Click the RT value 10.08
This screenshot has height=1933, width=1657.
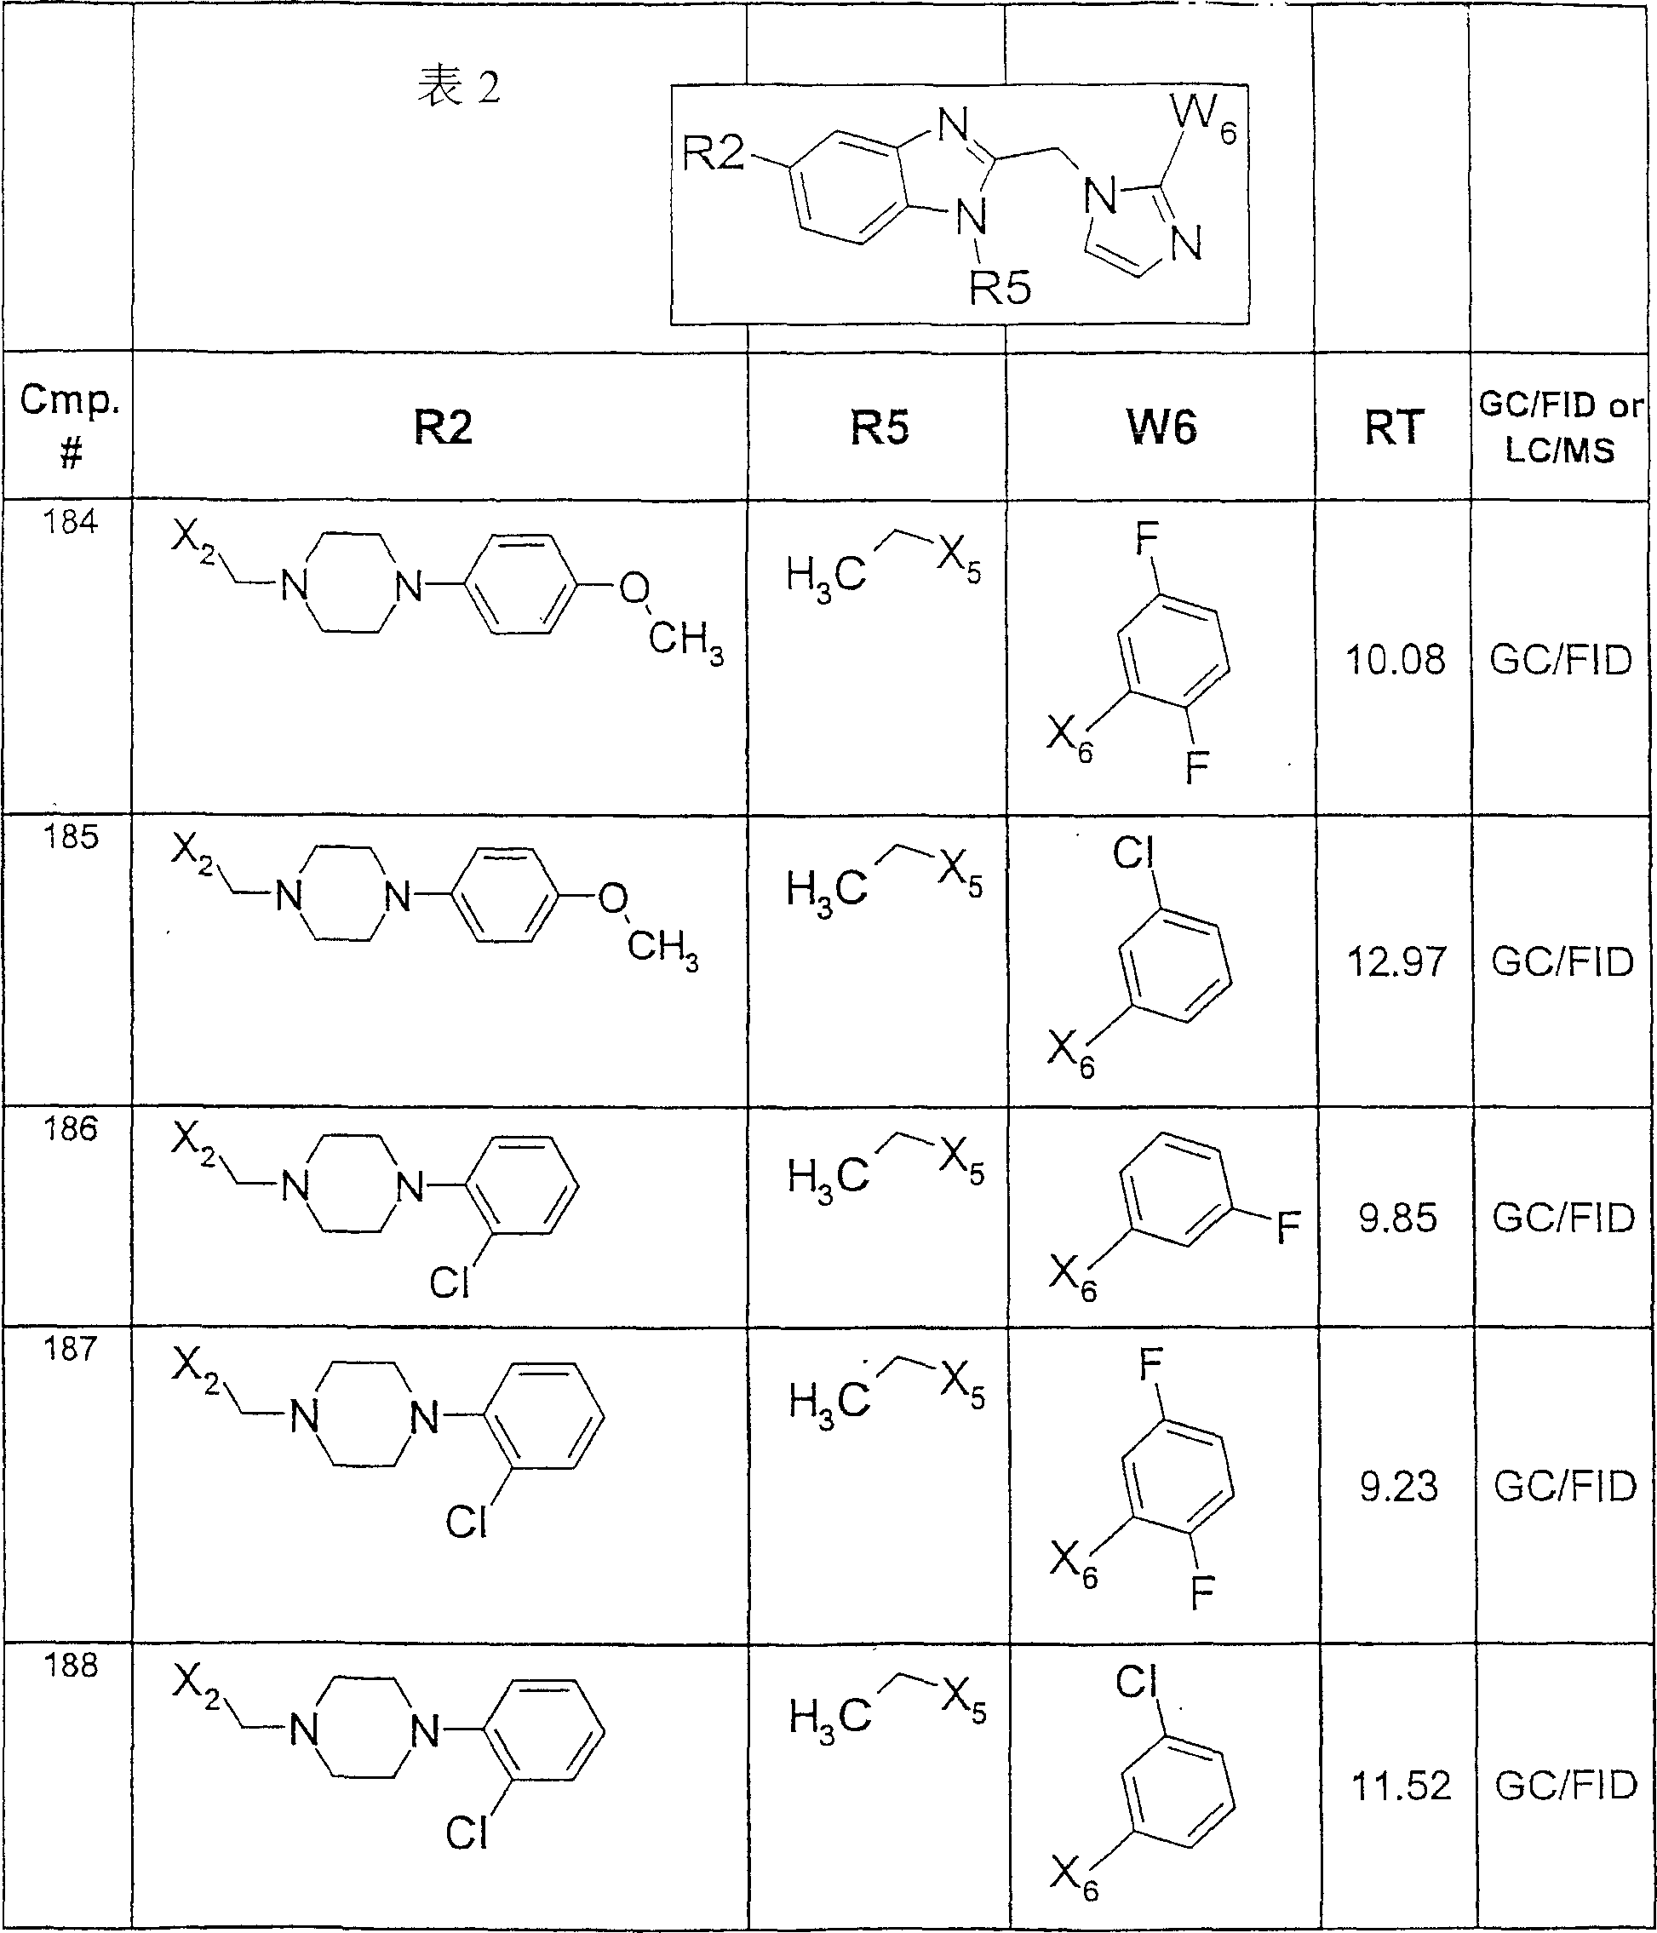tap(1395, 661)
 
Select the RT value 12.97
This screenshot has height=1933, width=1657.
tap(1396, 962)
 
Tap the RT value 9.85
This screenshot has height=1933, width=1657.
tap(1397, 1219)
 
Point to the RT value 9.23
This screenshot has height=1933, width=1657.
tap(1398, 1487)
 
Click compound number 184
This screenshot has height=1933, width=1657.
tap(70, 523)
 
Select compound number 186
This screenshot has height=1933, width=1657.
tap(70, 1130)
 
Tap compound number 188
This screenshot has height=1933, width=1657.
tap(71, 1666)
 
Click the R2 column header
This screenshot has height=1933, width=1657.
tap(443, 427)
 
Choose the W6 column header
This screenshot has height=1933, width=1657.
tap(1161, 427)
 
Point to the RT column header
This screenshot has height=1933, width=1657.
tap(1394, 427)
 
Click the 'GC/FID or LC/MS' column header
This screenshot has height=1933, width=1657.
tap(1560, 427)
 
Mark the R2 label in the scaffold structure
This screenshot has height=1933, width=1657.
tap(714, 153)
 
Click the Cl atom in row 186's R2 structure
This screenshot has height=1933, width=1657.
tap(449, 1283)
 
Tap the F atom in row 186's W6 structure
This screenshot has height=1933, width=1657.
tap(1288, 1229)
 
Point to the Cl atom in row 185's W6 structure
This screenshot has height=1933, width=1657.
tap(1133, 852)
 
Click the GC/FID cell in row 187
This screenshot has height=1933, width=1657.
tap(1566, 1487)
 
